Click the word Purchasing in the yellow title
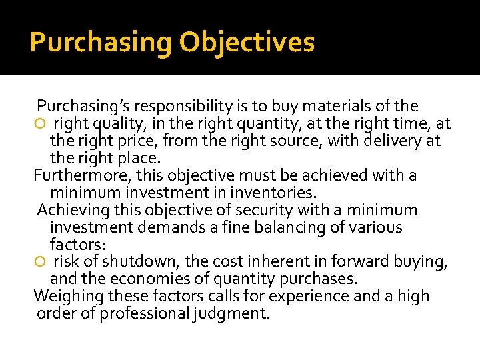coord(100,42)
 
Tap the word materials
coord(343,106)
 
